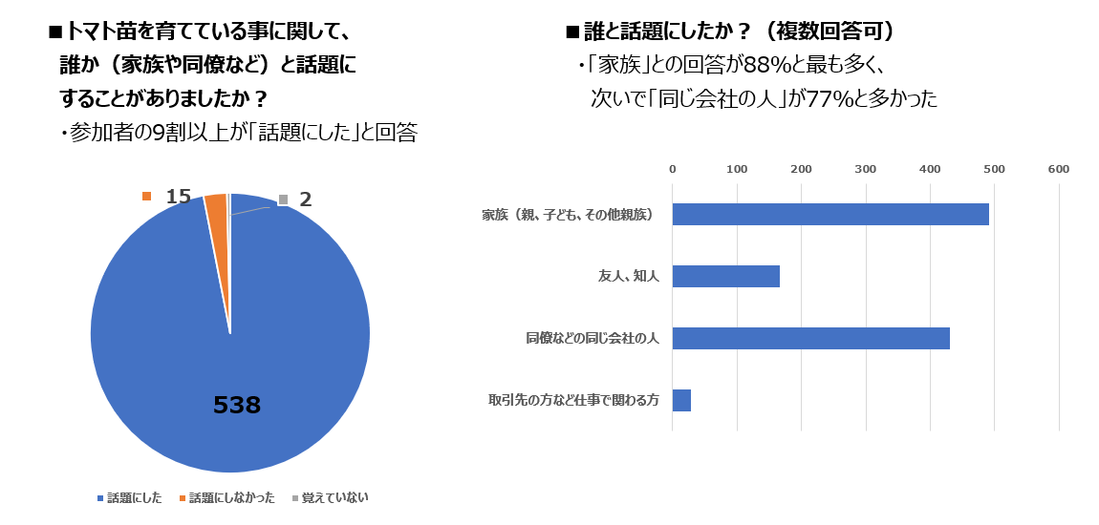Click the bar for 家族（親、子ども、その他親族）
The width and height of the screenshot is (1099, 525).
coord(830,214)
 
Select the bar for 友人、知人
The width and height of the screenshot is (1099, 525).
coord(725,276)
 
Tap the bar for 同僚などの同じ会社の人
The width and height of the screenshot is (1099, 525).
coord(810,338)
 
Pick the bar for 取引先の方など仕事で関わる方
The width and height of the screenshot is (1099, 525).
coord(681,400)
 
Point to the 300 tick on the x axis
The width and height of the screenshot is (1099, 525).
coord(865,169)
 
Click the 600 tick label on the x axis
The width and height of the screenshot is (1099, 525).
coord(1058,169)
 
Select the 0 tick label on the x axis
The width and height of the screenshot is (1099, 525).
coord(673,169)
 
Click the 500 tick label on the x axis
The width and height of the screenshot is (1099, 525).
coord(994,169)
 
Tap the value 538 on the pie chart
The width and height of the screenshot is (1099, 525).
coord(236,405)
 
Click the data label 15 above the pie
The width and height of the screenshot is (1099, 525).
coord(178,197)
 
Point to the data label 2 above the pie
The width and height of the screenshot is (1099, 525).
coord(305,199)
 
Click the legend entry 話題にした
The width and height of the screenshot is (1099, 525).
coord(134,497)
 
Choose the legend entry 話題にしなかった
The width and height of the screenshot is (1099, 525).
coord(231,497)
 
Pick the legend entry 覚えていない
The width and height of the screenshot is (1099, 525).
coord(334,497)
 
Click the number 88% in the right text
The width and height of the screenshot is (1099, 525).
coord(760,65)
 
